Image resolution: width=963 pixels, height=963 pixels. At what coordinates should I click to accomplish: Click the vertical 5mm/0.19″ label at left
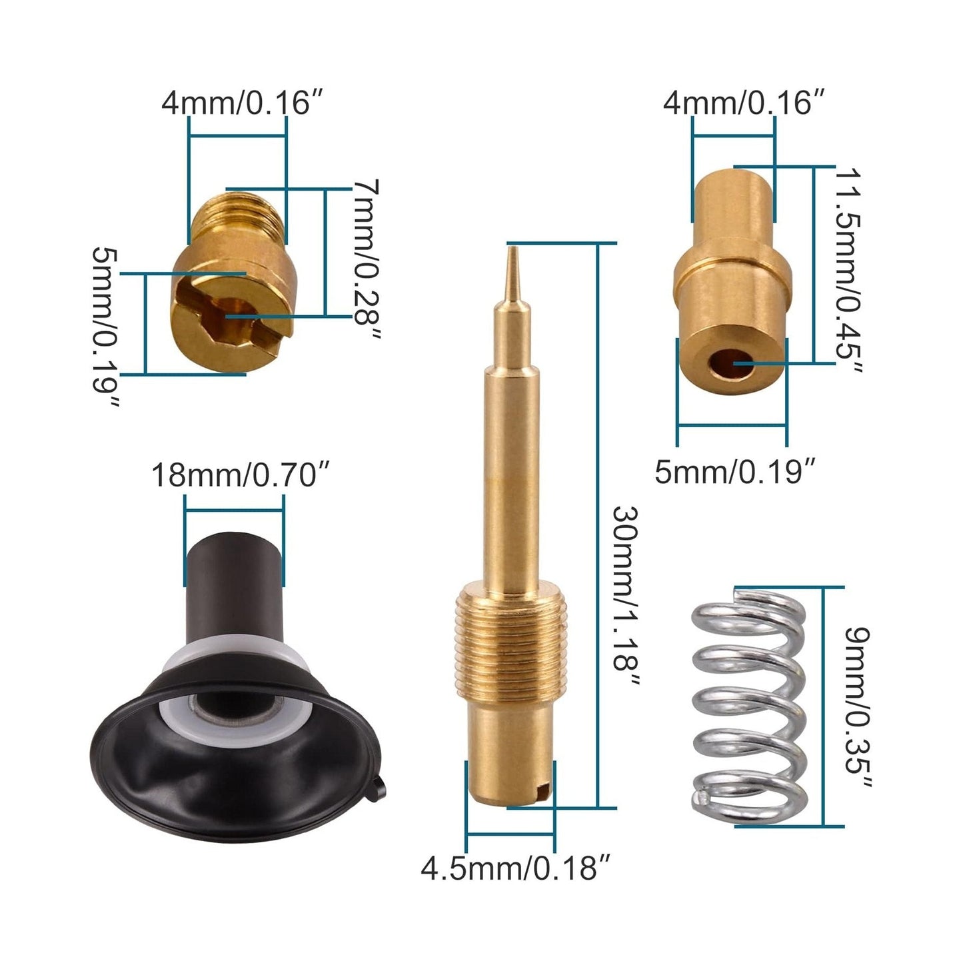tap(105, 327)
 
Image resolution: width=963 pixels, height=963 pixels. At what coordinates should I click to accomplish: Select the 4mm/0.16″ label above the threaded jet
tap(237, 103)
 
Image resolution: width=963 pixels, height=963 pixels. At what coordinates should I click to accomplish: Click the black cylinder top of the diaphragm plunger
tap(233, 573)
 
